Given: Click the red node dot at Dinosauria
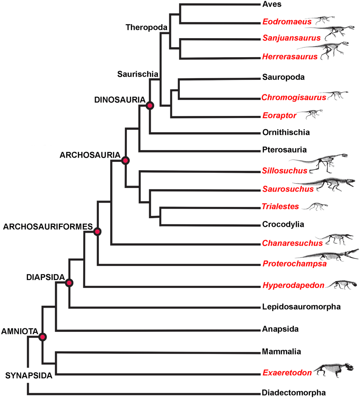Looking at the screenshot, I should [149, 105].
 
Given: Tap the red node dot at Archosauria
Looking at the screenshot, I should [125, 160].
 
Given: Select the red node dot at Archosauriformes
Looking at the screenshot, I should [97, 231].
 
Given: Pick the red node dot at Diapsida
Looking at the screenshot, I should [69, 283].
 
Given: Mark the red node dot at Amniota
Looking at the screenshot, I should [43, 337].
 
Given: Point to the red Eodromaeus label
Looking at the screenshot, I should [287, 22].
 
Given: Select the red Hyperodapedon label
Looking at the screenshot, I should [293, 286].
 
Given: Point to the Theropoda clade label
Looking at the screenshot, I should [146, 27].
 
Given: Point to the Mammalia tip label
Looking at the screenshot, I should [282, 352].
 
